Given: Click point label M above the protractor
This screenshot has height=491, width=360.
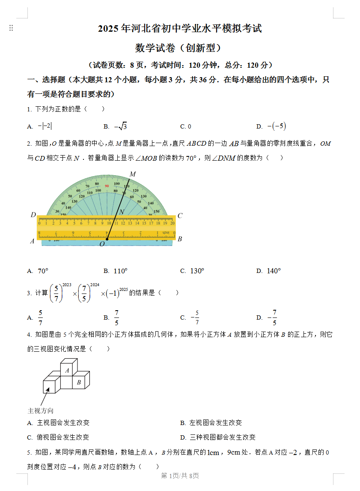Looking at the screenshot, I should [x=133, y=174].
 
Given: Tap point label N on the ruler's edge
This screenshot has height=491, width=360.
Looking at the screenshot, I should [x=122, y=212].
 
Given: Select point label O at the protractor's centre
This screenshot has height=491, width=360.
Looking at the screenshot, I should [x=102, y=244].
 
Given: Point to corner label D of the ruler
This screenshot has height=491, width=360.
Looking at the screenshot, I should [x=33, y=215].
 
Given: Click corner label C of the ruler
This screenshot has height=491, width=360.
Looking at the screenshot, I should [x=180, y=216].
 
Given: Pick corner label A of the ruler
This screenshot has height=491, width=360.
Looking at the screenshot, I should [x=32, y=241].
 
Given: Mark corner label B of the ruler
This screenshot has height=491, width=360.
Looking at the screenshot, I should [x=180, y=239].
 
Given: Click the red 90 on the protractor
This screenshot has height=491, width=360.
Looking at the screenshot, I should [x=107, y=186].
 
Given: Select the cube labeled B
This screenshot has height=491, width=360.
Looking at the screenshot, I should [x=79, y=382].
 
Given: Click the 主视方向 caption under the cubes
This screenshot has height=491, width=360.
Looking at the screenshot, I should [x=41, y=410].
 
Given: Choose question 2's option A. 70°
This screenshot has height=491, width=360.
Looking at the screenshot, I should [x=38, y=271].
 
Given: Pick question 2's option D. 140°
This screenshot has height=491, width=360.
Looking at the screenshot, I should [x=268, y=271].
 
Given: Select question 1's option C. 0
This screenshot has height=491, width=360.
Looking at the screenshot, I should [x=186, y=126].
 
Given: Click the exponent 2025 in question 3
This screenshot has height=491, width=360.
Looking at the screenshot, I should [x=123, y=290].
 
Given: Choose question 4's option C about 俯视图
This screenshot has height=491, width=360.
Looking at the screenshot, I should [x=58, y=437].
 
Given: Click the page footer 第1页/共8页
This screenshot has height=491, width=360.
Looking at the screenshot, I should [x=180, y=476].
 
